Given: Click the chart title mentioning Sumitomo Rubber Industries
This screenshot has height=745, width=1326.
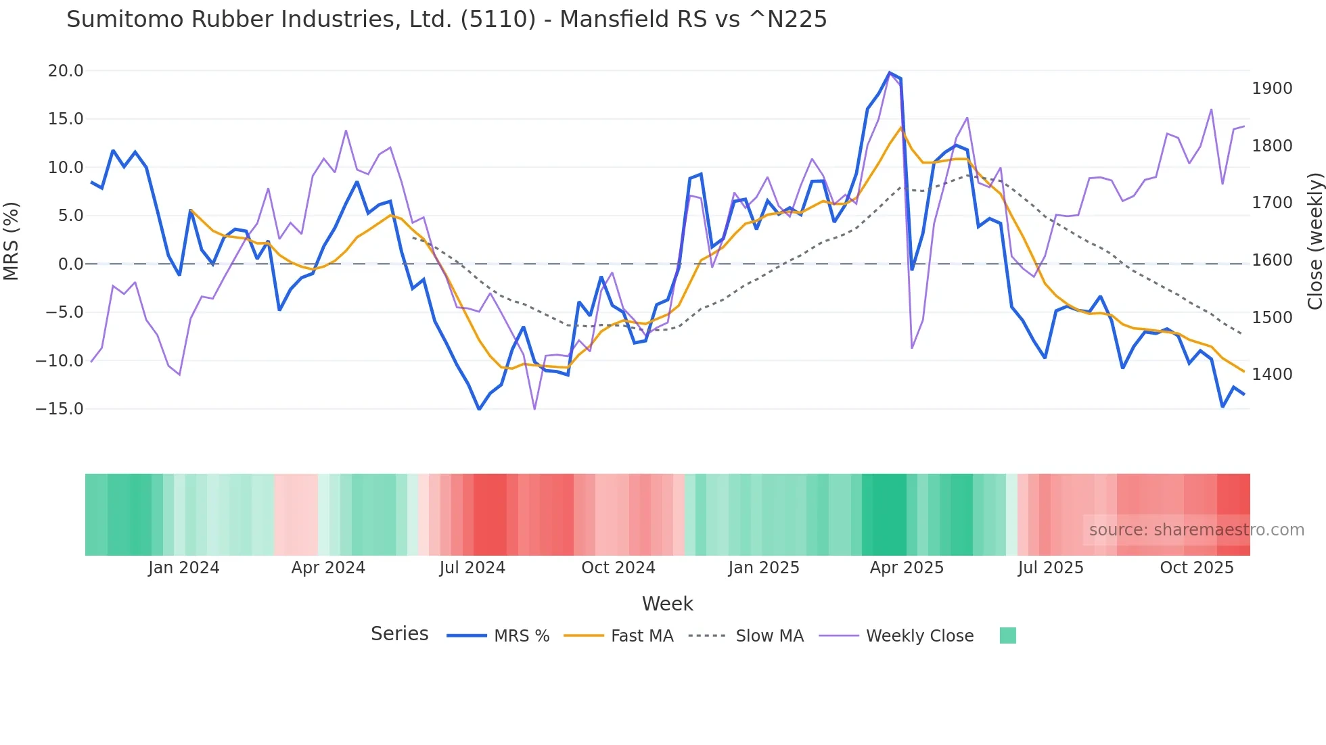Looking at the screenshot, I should point(447,20).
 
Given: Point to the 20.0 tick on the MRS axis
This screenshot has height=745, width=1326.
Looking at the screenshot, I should point(66,71).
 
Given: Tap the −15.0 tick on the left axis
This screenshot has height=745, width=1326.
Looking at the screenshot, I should point(60,409).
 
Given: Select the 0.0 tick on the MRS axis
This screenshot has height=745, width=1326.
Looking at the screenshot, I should point(70,264).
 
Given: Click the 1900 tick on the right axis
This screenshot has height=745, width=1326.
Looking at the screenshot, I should point(1272,89).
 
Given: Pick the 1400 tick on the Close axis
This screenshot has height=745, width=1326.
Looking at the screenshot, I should point(1272,375).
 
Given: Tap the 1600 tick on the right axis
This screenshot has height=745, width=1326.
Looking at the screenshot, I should point(1272,260).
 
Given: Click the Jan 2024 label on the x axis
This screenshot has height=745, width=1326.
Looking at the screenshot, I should point(184,568).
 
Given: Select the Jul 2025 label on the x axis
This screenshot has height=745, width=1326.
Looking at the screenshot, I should point(1051,568).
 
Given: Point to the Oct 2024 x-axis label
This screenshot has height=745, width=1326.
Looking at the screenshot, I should point(618,568).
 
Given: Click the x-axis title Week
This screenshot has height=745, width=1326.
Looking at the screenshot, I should point(667,604).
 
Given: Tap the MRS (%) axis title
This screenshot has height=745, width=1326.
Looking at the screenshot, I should point(12,241).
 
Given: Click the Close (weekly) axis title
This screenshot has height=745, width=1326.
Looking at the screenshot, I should point(1314,241).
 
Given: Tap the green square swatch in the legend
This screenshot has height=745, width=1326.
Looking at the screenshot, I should point(1007,635).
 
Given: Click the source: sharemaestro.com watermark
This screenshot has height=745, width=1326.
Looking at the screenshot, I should point(1196,530).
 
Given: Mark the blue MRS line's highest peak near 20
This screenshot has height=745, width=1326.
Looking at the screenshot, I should point(889,72).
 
